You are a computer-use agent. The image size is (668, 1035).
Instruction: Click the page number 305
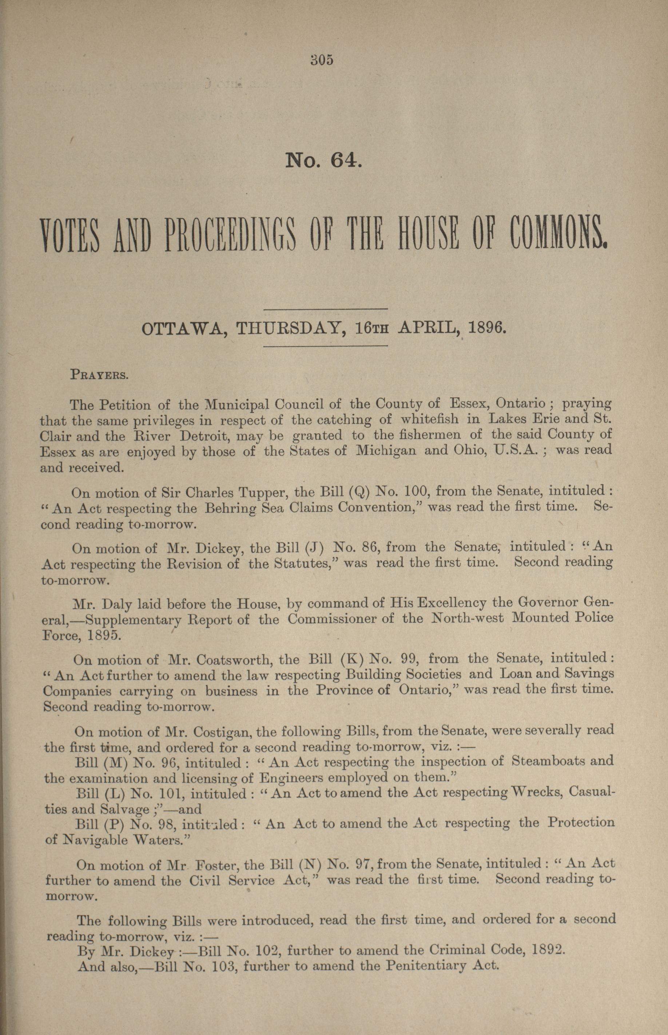pos(322,60)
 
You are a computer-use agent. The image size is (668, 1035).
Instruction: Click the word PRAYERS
pos(99,375)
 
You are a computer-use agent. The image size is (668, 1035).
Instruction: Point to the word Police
pos(594,618)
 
